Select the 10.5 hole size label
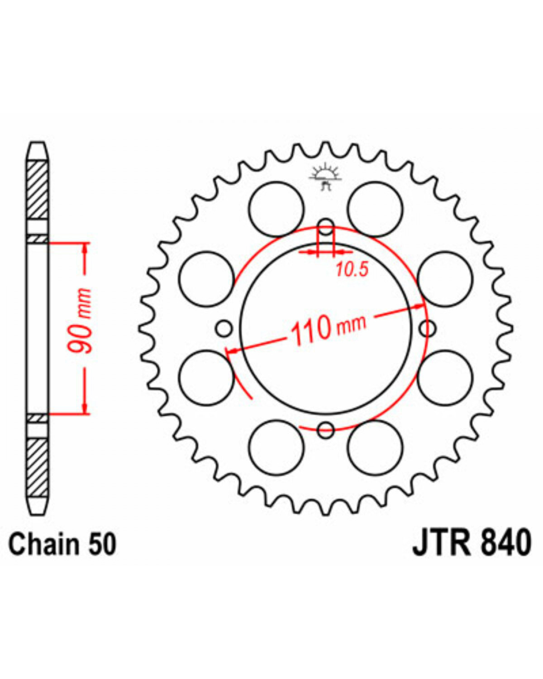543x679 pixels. (x=352, y=269)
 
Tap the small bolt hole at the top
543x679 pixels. (x=326, y=227)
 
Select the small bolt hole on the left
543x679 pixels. (x=224, y=329)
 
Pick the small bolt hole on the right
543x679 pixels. (x=428, y=329)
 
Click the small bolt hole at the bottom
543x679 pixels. (x=326, y=430)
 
